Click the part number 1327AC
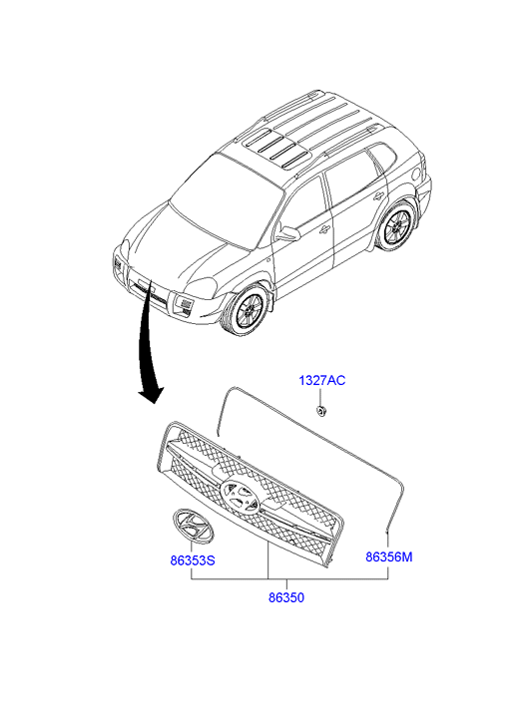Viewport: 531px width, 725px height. pos(321,381)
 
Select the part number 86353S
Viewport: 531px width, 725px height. pos(193,560)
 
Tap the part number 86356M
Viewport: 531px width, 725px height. pos(389,556)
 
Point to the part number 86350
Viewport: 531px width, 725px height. pos(286,597)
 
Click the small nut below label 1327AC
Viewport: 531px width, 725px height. pos(319,410)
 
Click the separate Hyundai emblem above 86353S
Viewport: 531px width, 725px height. pos(193,527)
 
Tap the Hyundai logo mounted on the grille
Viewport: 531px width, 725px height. pos(240,496)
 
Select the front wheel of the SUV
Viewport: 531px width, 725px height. pos(246,309)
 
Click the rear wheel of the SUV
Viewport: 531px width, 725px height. pos(396,225)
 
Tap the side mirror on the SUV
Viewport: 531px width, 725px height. pos(287,233)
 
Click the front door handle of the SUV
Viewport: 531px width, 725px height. pos(324,228)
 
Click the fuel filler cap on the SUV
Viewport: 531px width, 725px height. pos(416,175)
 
